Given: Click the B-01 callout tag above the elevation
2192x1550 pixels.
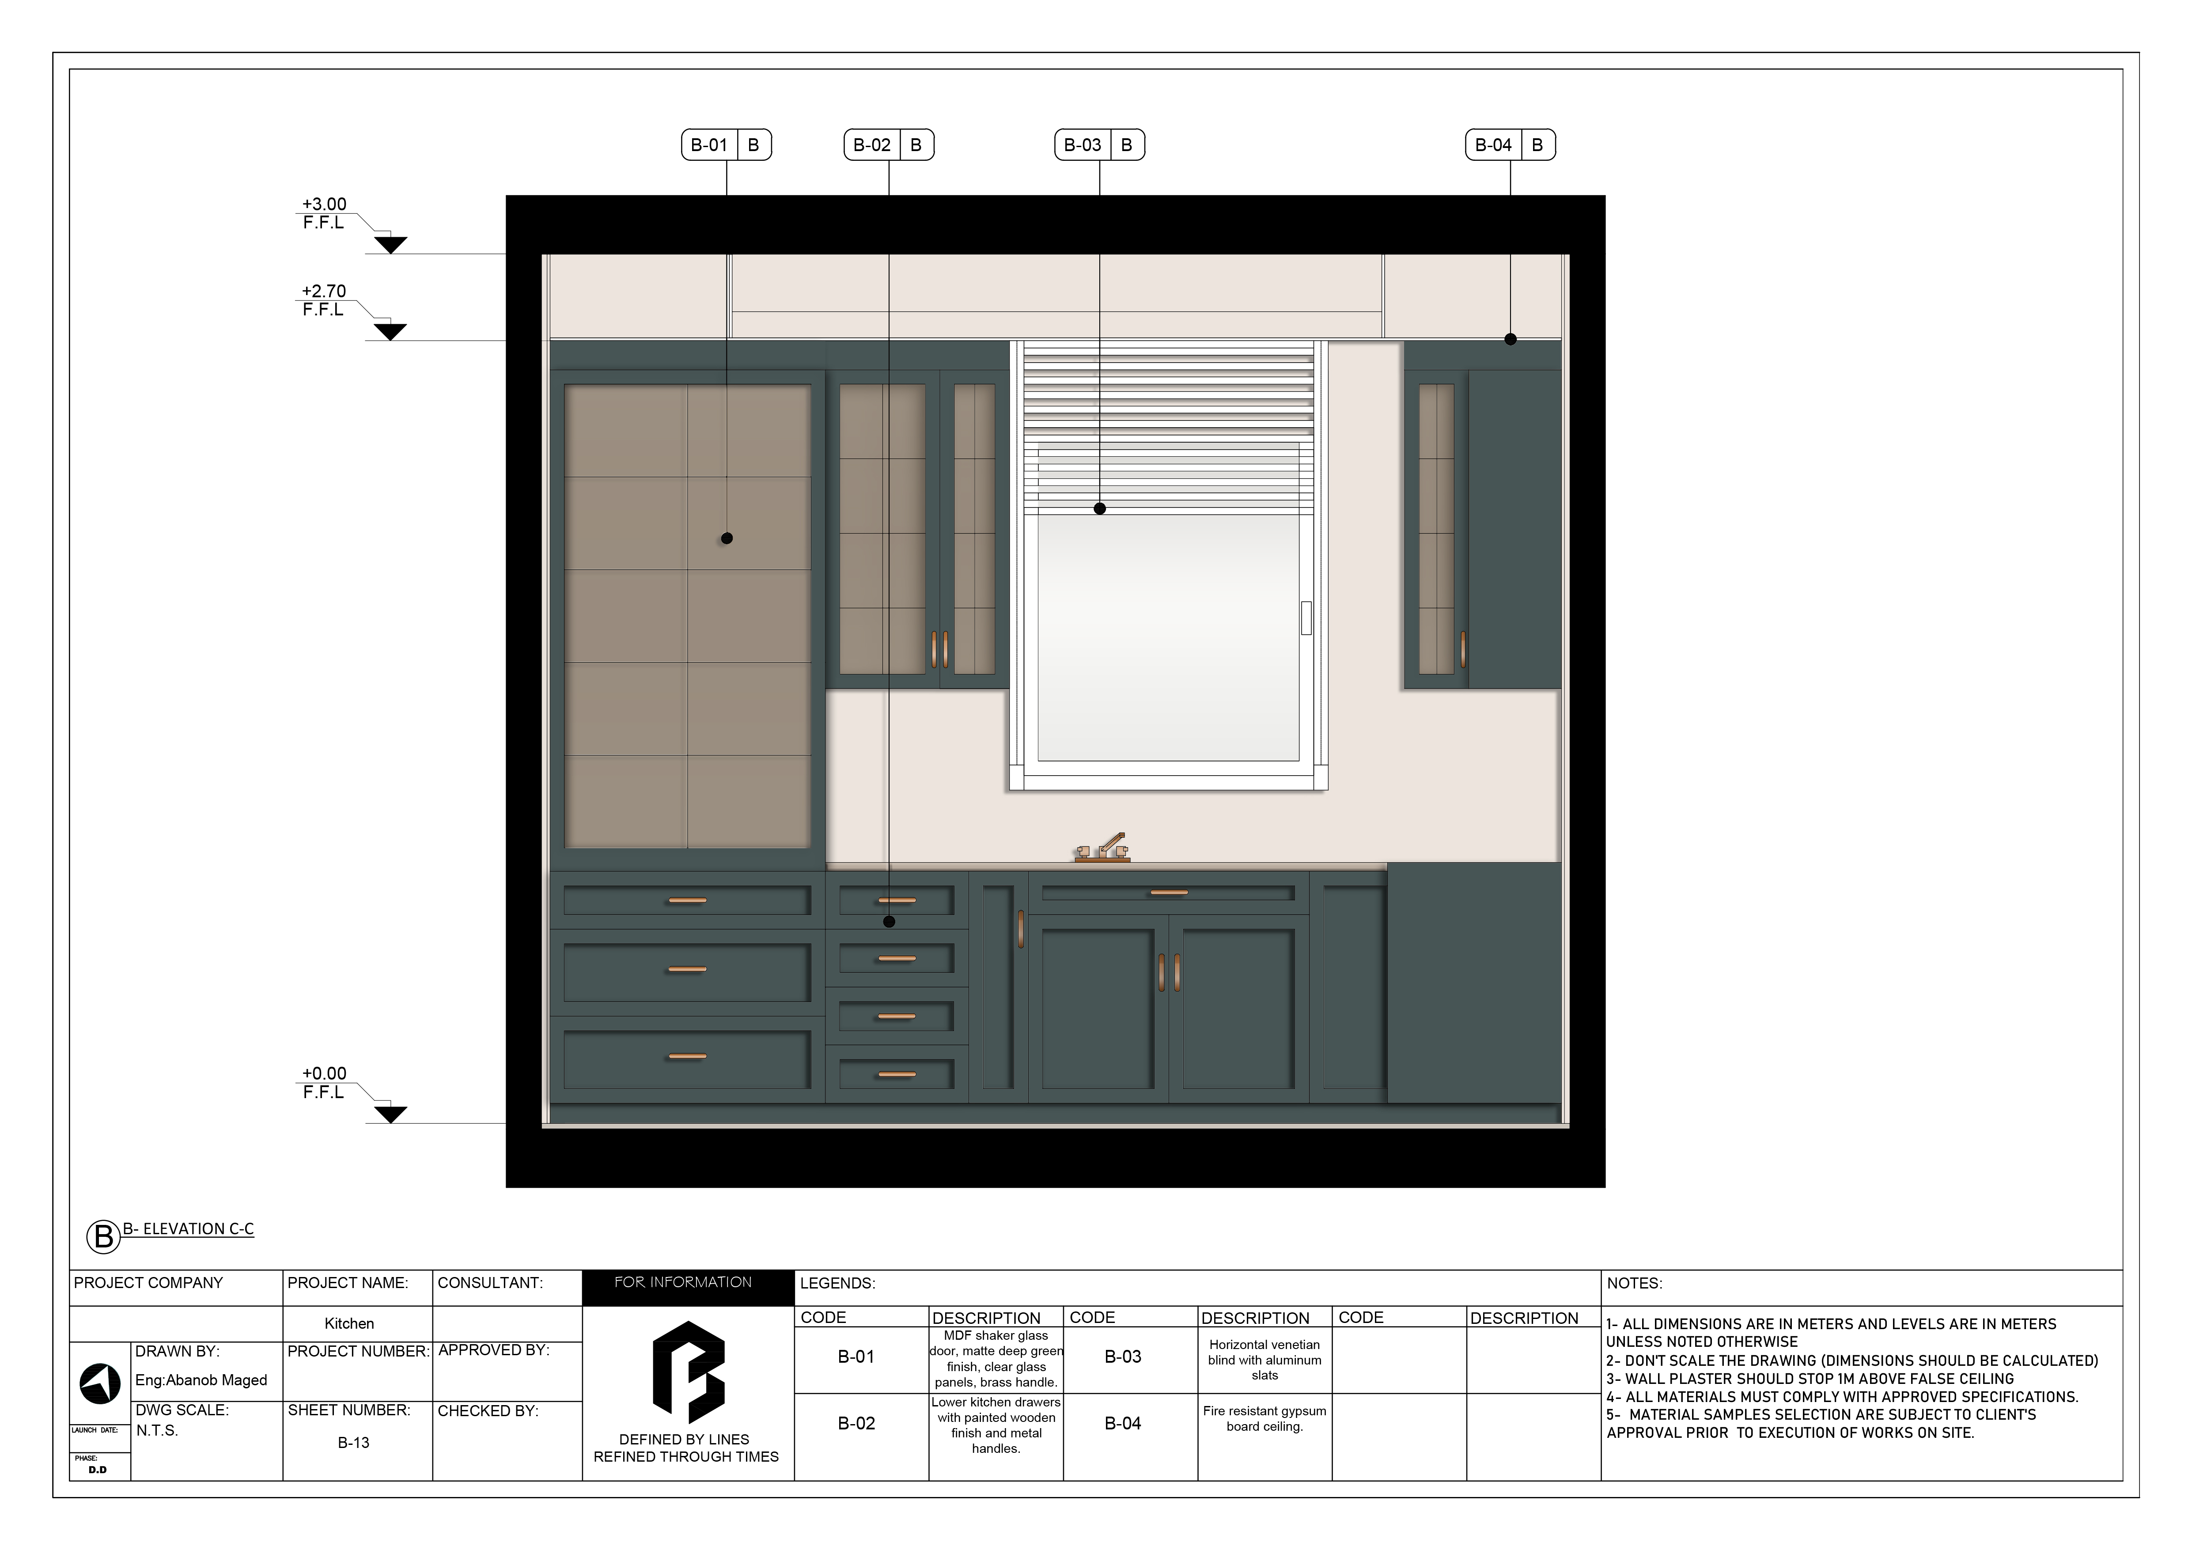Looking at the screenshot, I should point(726,145).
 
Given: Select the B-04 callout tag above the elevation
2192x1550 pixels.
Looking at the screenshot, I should point(1509,145).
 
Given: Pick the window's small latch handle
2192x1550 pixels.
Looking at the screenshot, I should point(1306,618).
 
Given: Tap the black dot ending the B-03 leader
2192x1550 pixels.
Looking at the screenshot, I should point(1100,509).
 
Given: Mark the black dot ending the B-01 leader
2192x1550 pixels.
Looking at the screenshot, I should point(727,538).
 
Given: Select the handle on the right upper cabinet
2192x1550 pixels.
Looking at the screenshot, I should point(1463,649).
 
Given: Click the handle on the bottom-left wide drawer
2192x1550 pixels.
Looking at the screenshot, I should point(687,1056).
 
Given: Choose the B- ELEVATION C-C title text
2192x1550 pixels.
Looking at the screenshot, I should point(188,1229).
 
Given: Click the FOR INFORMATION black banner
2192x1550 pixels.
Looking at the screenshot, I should point(687,1283).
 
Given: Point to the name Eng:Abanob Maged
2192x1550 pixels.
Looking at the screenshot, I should point(201,1380).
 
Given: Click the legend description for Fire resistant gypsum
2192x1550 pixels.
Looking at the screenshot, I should point(1264,1418).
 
